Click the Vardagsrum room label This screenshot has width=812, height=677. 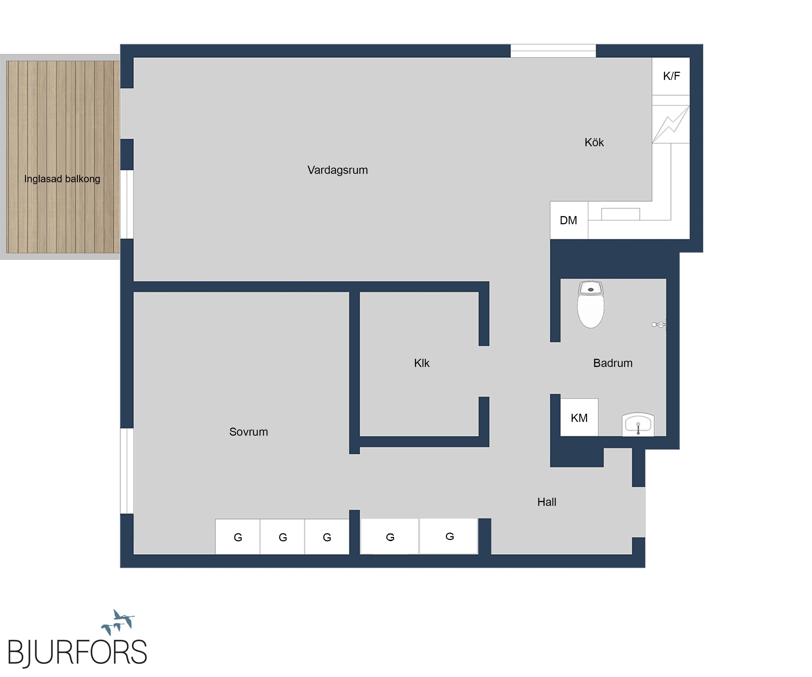pos(337,170)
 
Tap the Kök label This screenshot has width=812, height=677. pos(594,142)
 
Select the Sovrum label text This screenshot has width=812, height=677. pos(248,432)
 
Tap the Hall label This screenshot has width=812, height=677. pos(547,502)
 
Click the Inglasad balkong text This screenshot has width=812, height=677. pos(62,179)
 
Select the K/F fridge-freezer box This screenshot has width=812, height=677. pos(671,76)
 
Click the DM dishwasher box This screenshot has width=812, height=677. pos(569,220)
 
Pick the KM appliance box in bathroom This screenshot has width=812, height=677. pos(579,417)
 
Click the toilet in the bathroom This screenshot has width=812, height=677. pos(590,305)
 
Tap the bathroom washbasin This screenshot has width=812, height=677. pos(638,425)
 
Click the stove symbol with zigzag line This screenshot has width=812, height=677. pos(671,124)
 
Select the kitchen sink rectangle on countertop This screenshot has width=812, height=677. pos(620,214)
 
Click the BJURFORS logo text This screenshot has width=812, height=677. pos(77,652)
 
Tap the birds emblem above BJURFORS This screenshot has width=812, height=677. pos(118,622)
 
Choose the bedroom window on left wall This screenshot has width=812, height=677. pos(127,471)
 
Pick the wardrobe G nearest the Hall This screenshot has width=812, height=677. pos(449,537)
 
